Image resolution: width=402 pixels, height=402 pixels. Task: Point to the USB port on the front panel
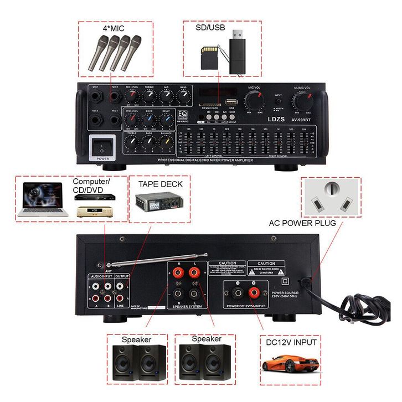click(230, 103)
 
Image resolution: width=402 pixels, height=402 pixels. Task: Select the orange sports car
click(290, 364)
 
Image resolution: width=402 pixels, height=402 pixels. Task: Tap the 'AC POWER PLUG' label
click(302, 223)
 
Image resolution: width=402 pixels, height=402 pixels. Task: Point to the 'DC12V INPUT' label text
click(291, 342)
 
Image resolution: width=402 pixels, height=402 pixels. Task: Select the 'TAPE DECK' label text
click(160, 184)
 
